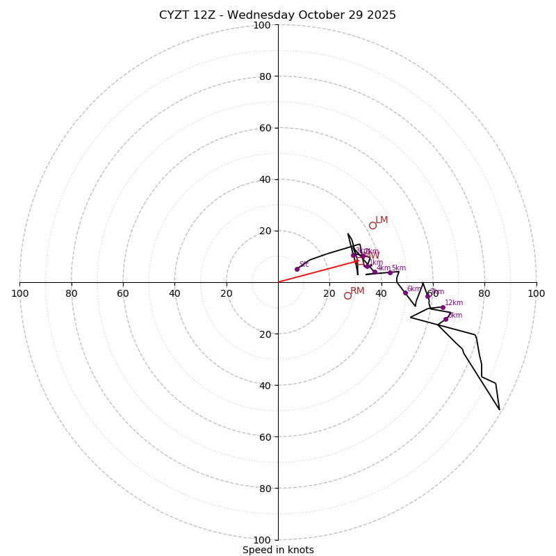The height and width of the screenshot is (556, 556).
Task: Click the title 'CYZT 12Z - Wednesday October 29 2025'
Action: click(x=277, y=15)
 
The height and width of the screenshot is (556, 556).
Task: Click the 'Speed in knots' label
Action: click(x=278, y=550)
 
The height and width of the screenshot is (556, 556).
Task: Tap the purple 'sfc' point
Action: click(x=297, y=269)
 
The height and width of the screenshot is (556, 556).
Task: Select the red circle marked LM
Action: click(x=373, y=225)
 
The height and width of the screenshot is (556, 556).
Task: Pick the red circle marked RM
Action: click(x=347, y=295)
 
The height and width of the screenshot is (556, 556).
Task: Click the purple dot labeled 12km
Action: click(x=443, y=307)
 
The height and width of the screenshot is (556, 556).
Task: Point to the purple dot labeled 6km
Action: click(x=405, y=293)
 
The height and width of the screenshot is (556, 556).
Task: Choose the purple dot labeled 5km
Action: click(x=390, y=272)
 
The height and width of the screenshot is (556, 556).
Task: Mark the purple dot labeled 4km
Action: click(x=375, y=272)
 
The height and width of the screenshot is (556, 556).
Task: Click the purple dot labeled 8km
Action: click(x=445, y=319)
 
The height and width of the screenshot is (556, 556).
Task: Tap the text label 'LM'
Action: click(x=382, y=220)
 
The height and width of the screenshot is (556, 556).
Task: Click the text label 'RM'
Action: click(x=357, y=291)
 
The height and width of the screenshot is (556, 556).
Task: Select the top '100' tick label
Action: click(x=262, y=25)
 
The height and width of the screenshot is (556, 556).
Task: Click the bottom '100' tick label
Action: click(x=262, y=540)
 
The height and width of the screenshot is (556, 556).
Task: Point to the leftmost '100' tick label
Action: click(x=20, y=293)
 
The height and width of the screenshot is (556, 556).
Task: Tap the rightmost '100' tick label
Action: click(x=536, y=293)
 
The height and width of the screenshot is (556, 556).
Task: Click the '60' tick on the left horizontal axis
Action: click(x=123, y=293)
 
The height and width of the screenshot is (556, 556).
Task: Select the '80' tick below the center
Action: click(x=264, y=489)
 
